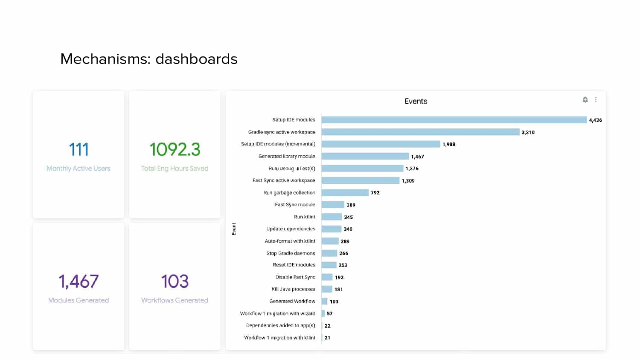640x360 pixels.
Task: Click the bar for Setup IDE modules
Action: click(x=454, y=120)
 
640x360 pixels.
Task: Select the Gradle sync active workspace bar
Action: click(x=420, y=132)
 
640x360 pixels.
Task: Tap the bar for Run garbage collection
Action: click(x=345, y=193)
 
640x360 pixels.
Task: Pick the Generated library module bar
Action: click(x=365, y=156)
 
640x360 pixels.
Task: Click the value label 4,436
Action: click(x=596, y=120)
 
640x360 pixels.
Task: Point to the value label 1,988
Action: click(x=449, y=144)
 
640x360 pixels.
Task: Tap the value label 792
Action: click(x=375, y=193)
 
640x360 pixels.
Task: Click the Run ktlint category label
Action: click(x=305, y=217)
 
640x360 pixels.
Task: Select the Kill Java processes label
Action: click(x=293, y=289)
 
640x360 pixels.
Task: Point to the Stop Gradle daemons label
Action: click(x=291, y=253)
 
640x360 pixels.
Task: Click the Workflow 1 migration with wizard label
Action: click(x=277, y=314)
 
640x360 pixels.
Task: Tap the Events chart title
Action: click(x=416, y=102)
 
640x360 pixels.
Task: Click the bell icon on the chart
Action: click(x=585, y=100)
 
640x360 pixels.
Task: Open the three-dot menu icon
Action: click(x=596, y=99)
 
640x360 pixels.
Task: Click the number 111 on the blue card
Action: click(x=79, y=149)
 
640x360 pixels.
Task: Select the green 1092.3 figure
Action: click(x=175, y=149)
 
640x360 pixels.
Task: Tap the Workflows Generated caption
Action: click(x=175, y=300)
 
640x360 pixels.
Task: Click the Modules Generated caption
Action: click(x=79, y=300)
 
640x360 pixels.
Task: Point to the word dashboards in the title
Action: click(x=196, y=59)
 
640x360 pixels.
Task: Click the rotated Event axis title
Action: click(x=234, y=229)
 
